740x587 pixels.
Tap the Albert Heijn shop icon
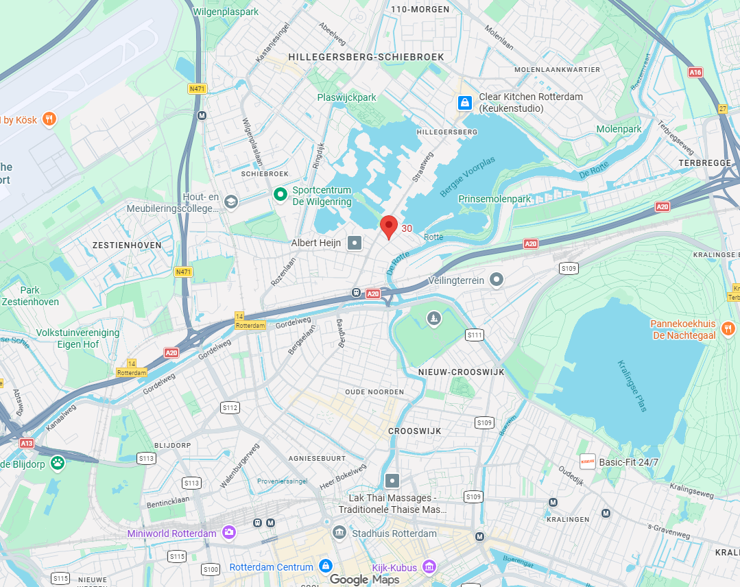point(355,243)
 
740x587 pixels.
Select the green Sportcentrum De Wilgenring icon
point(280,195)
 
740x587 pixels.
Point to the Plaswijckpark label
point(347,97)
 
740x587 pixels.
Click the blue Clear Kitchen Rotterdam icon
point(465,103)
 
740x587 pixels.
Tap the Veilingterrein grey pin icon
point(497,280)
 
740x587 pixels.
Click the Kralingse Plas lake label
point(632,385)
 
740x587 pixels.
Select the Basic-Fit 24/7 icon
point(587,462)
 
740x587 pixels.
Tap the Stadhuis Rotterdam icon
point(339,533)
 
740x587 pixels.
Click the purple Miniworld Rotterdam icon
point(228,533)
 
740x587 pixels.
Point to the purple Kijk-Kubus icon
point(429,567)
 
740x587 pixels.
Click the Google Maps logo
point(363,579)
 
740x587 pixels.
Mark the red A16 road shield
point(695,72)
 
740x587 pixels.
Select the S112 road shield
point(230,407)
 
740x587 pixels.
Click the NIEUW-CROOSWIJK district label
point(461,372)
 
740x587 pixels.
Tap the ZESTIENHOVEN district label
point(126,245)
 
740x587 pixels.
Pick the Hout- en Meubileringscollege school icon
point(231,202)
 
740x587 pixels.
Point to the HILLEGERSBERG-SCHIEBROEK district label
point(367,57)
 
